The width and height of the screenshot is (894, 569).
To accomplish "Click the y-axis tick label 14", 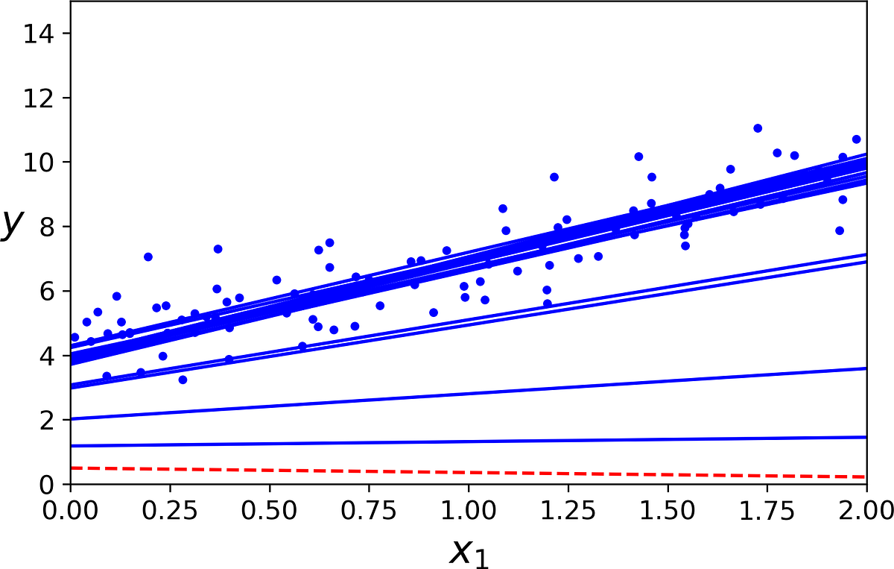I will (x=37, y=34).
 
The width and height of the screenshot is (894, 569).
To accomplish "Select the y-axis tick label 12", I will (x=37, y=98).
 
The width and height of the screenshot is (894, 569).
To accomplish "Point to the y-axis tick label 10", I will (x=37, y=163).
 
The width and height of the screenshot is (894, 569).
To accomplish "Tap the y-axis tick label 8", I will (x=45, y=227).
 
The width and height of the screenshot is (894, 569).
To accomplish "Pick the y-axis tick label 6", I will (x=45, y=291).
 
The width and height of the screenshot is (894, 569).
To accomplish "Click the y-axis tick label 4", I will (x=45, y=356).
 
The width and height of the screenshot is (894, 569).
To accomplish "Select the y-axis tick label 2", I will (x=45, y=420).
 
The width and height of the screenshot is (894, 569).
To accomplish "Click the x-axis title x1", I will (x=469, y=552).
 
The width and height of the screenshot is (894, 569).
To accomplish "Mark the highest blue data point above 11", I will (x=758, y=128).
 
